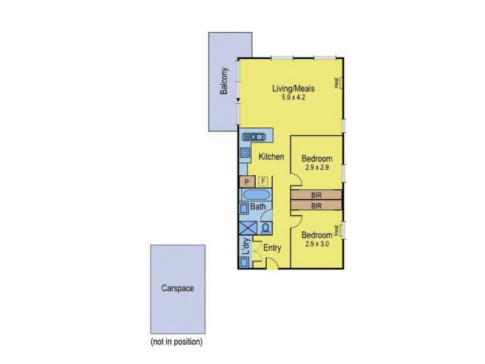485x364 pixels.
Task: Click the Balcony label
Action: tap(224, 81)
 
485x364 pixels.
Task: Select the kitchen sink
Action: tap(254, 137)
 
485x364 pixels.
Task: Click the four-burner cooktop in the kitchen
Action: tap(245, 153)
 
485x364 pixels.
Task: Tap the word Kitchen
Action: tap(271, 157)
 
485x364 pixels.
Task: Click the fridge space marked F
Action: tap(263, 181)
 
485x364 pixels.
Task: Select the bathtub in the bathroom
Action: tap(255, 195)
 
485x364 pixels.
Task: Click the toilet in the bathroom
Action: tap(266, 228)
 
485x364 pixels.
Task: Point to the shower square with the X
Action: tap(248, 229)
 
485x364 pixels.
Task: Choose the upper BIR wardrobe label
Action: tap(316, 195)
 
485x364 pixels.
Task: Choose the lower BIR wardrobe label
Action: tap(316, 206)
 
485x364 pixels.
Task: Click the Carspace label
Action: tap(178, 289)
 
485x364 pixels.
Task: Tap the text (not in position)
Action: tap(176, 342)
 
